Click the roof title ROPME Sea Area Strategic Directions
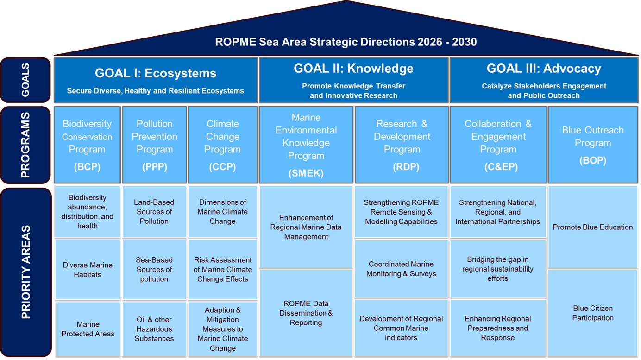(x=346, y=42)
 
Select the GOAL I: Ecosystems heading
(x=156, y=73)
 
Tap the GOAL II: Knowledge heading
(x=354, y=69)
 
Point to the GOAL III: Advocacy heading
(x=544, y=69)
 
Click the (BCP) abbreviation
(x=87, y=166)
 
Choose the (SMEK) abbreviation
(x=306, y=173)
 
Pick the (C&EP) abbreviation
(x=501, y=166)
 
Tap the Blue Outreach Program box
(x=593, y=145)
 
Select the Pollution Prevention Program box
(x=155, y=145)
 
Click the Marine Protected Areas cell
(x=88, y=329)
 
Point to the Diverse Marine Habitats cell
(x=88, y=270)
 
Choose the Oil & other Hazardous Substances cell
(x=154, y=329)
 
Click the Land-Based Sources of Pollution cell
(x=154, y=212)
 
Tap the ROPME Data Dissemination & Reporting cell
(x=306, y=313)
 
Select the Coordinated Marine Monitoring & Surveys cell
(x=401, y=269)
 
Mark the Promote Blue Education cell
(x=593, y=227)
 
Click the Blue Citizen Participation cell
(x=593, y=313)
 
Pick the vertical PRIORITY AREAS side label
(x=26, y=272)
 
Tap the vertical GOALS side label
(x=25, y=80)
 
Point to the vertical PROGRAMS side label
(x=25, y=145)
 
